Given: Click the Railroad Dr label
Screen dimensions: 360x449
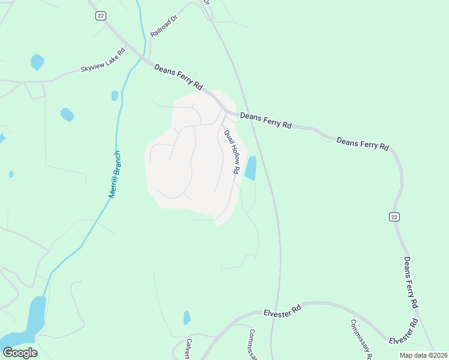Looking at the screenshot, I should point(164,27).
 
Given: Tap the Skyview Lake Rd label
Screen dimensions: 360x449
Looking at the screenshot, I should point(103,61).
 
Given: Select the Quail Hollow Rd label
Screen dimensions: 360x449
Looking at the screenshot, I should point(232,152).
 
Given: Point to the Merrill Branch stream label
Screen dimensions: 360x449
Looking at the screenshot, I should point(115,175).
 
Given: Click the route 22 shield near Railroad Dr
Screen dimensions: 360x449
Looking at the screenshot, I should point(100,16).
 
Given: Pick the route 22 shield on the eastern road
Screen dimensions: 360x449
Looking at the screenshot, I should point(394,217).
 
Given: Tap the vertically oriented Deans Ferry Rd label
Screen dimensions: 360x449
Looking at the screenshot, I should point(411,283).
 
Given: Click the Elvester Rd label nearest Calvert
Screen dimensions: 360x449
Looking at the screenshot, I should point(282,312).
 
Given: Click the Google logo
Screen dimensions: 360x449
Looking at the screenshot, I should point(20,353).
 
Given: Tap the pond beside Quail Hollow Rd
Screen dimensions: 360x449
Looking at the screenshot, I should point(250,168).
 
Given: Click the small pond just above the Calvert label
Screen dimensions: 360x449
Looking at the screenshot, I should point(187,318).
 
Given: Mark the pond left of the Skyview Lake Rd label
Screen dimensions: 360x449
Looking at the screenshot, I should point(37,61).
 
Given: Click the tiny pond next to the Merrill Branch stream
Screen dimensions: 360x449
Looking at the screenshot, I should point(115,95).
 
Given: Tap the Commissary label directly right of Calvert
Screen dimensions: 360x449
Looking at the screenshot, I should point(253,344).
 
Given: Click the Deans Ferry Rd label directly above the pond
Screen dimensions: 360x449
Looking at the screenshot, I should point(265,120).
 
